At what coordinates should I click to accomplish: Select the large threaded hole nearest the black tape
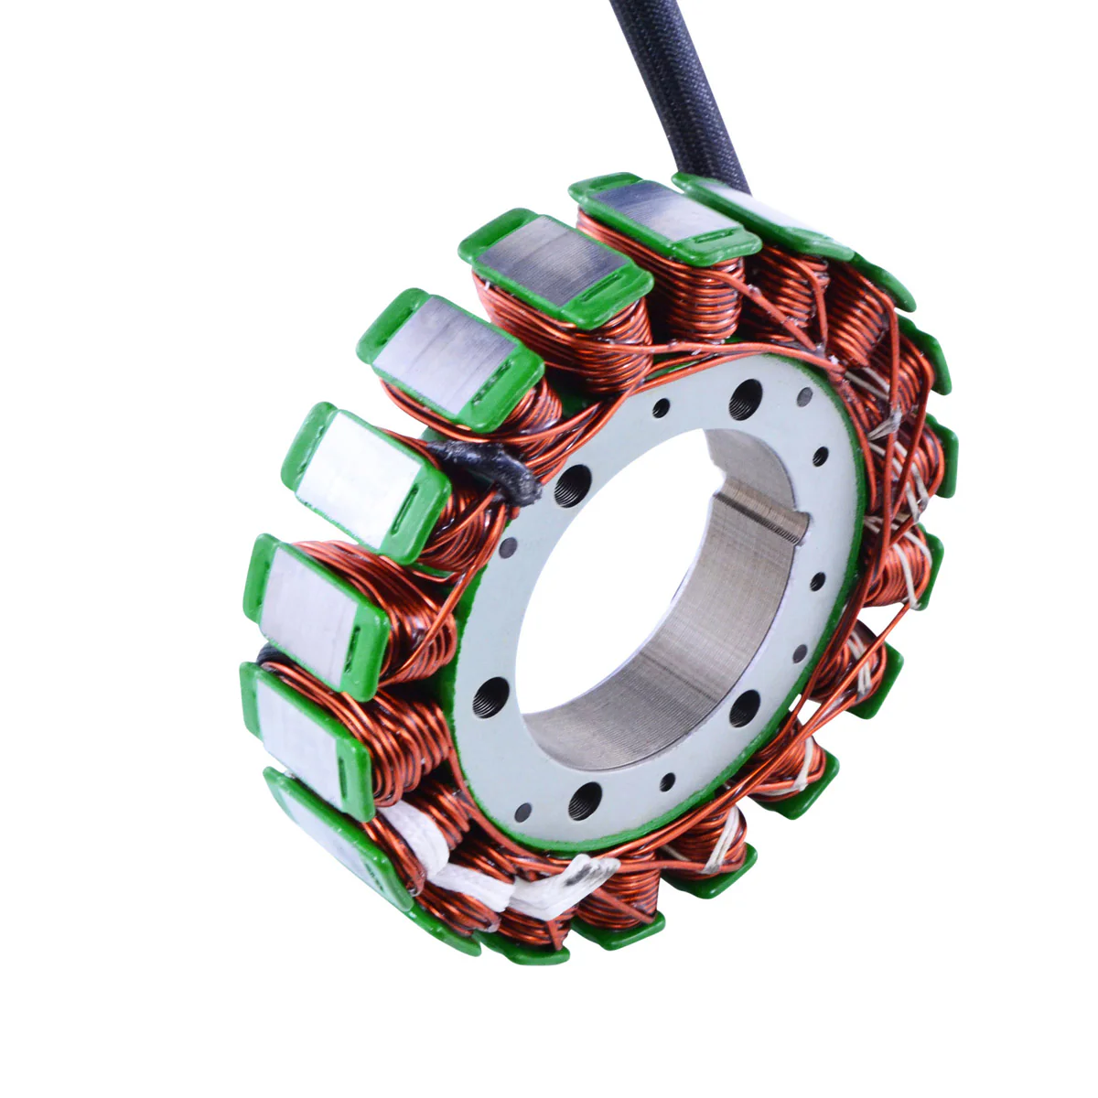pyautogui.click(x=573, y=481)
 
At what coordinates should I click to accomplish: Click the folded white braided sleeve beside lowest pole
pyautogui.click(x=430, y=860)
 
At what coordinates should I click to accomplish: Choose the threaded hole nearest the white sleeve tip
pyautogui.click(x=585, y=802)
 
